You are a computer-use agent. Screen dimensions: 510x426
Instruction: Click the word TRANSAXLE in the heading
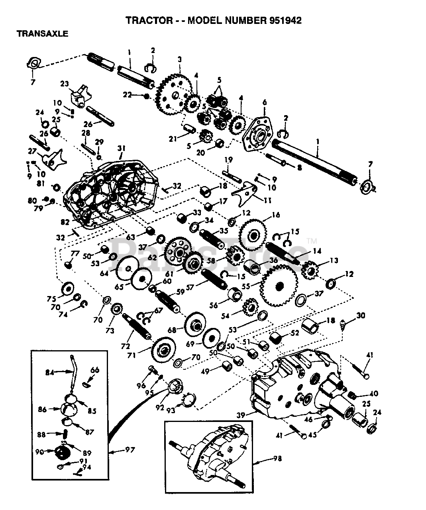click(x=43, y=34)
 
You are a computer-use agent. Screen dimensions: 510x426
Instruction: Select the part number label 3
click(x=180, y=59)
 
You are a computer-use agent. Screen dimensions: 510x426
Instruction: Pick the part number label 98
click(x=278, y=459)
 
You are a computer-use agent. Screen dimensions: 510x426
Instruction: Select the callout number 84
click(x=49, y=373)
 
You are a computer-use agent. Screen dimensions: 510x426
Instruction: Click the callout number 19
click(x=228, y=160)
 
